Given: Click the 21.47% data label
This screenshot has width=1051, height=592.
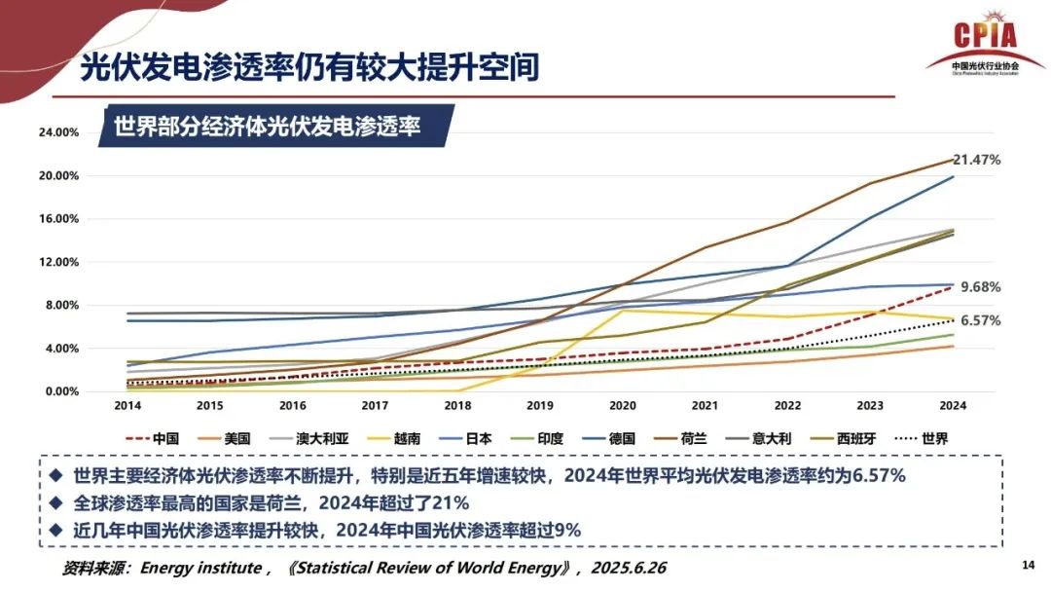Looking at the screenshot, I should tap(977, 159).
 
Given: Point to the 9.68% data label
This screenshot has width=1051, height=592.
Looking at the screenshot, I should tap(980, 287).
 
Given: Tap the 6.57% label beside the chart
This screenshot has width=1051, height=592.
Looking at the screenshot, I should tap(980, 320).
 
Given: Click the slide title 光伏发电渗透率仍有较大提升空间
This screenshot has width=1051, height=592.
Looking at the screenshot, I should tap(309, 68).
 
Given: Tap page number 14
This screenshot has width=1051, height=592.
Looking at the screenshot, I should tap(1028, 566).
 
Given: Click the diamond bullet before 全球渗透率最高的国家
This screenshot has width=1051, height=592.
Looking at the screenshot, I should tap(55, 503).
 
